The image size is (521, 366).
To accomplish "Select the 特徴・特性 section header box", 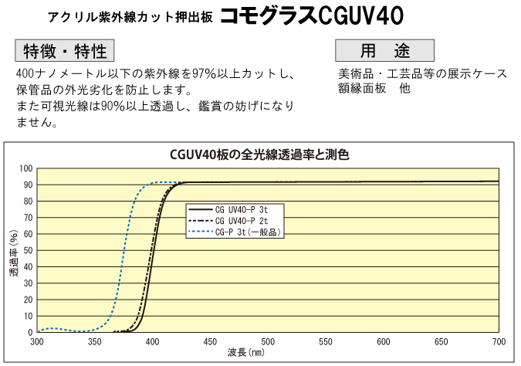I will tap(65, 51).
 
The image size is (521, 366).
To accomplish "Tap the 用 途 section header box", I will tap(384, 51).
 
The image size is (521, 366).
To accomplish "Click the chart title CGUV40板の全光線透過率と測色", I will tap(259, 154).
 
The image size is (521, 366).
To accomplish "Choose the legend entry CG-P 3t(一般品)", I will tap(246, 231).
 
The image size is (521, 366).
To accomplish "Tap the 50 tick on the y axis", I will tap(28, 250).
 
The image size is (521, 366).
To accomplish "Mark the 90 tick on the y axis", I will tap(28, 185).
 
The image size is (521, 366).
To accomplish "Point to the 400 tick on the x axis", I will tap(152, 341).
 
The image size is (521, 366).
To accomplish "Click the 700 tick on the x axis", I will tap(498, 341).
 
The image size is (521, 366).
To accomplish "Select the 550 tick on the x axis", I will tap(325, 341).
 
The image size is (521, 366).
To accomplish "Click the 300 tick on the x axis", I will tap(37, 341).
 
